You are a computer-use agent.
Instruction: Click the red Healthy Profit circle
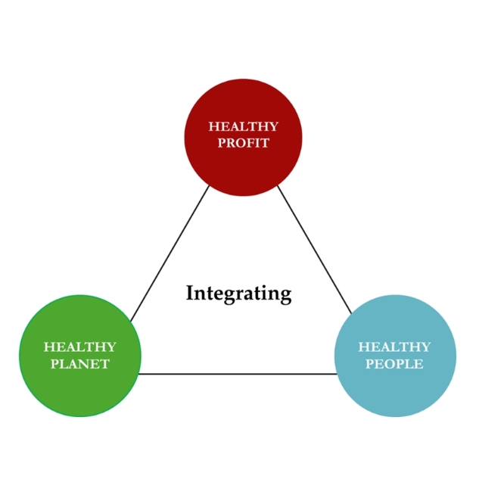click(243, 137)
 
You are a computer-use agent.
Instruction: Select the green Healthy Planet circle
click(80, 356)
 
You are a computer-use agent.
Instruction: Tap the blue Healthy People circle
click(395, 356)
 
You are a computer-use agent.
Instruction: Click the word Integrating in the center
click(239, 294)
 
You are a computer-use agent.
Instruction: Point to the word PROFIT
click(244, 143)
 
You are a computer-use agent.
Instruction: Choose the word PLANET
click(80, 364)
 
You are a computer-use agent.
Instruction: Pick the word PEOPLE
click(394, 364)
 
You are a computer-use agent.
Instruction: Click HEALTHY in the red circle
click(244, 126)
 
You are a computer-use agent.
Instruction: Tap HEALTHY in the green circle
click(80, 347)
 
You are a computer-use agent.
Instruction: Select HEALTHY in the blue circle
click(394, 347)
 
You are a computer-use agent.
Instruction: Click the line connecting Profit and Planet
click(170, 253)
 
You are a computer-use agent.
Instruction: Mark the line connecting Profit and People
click(314, 250)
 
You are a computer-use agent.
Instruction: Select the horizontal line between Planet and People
click(238, 374)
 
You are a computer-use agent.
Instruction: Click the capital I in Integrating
click(190, 293)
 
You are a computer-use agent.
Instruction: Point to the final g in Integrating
click(286, 297)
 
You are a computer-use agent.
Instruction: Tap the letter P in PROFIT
click(222, 143)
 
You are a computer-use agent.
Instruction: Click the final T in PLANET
click(105, 364)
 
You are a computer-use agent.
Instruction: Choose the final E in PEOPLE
click(419, 364)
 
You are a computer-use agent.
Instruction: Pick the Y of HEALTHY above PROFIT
click(273, 126)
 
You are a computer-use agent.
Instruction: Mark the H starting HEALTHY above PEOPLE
click(363, 347)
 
